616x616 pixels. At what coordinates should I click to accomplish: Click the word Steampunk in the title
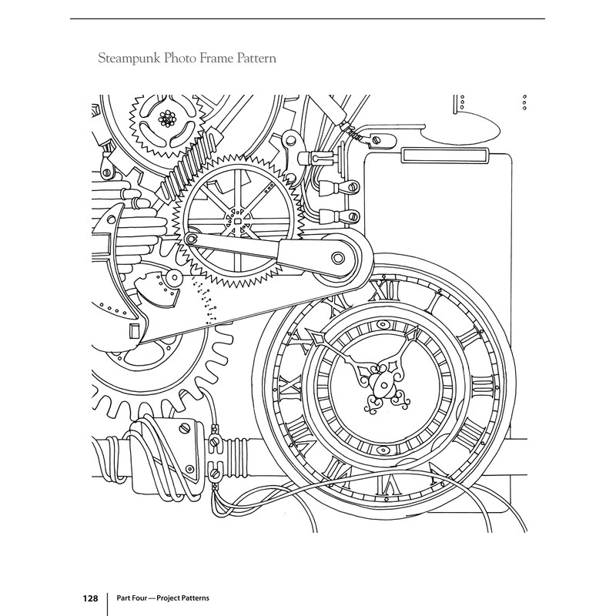129,59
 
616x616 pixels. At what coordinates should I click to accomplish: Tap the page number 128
90,598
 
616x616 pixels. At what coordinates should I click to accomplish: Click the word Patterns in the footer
195,598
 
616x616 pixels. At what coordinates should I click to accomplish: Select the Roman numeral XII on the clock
386,291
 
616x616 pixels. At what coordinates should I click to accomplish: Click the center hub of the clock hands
380,386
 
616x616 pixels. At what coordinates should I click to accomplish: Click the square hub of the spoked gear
237,222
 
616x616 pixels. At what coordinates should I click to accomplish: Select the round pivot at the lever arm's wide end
337,258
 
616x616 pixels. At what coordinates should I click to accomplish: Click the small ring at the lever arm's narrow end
191,239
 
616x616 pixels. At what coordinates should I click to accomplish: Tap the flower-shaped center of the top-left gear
168,118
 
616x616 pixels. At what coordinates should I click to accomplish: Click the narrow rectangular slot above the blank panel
445,155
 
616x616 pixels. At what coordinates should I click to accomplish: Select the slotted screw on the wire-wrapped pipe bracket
184,428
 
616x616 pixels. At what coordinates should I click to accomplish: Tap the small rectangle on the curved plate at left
134,330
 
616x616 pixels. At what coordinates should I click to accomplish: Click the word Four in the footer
140,598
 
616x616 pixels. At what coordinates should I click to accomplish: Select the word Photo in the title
179,59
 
